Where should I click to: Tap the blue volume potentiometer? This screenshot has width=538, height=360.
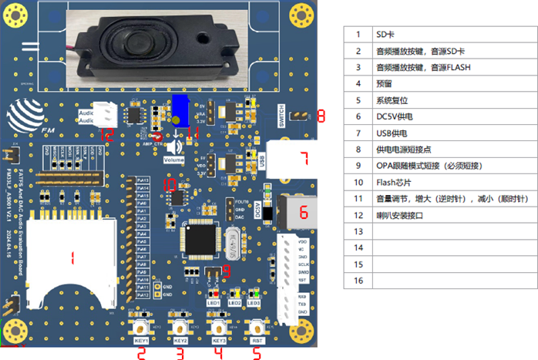point(180,109)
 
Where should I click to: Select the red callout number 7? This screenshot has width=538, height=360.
point(304,160)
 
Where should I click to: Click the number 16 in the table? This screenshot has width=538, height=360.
point(358,281)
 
